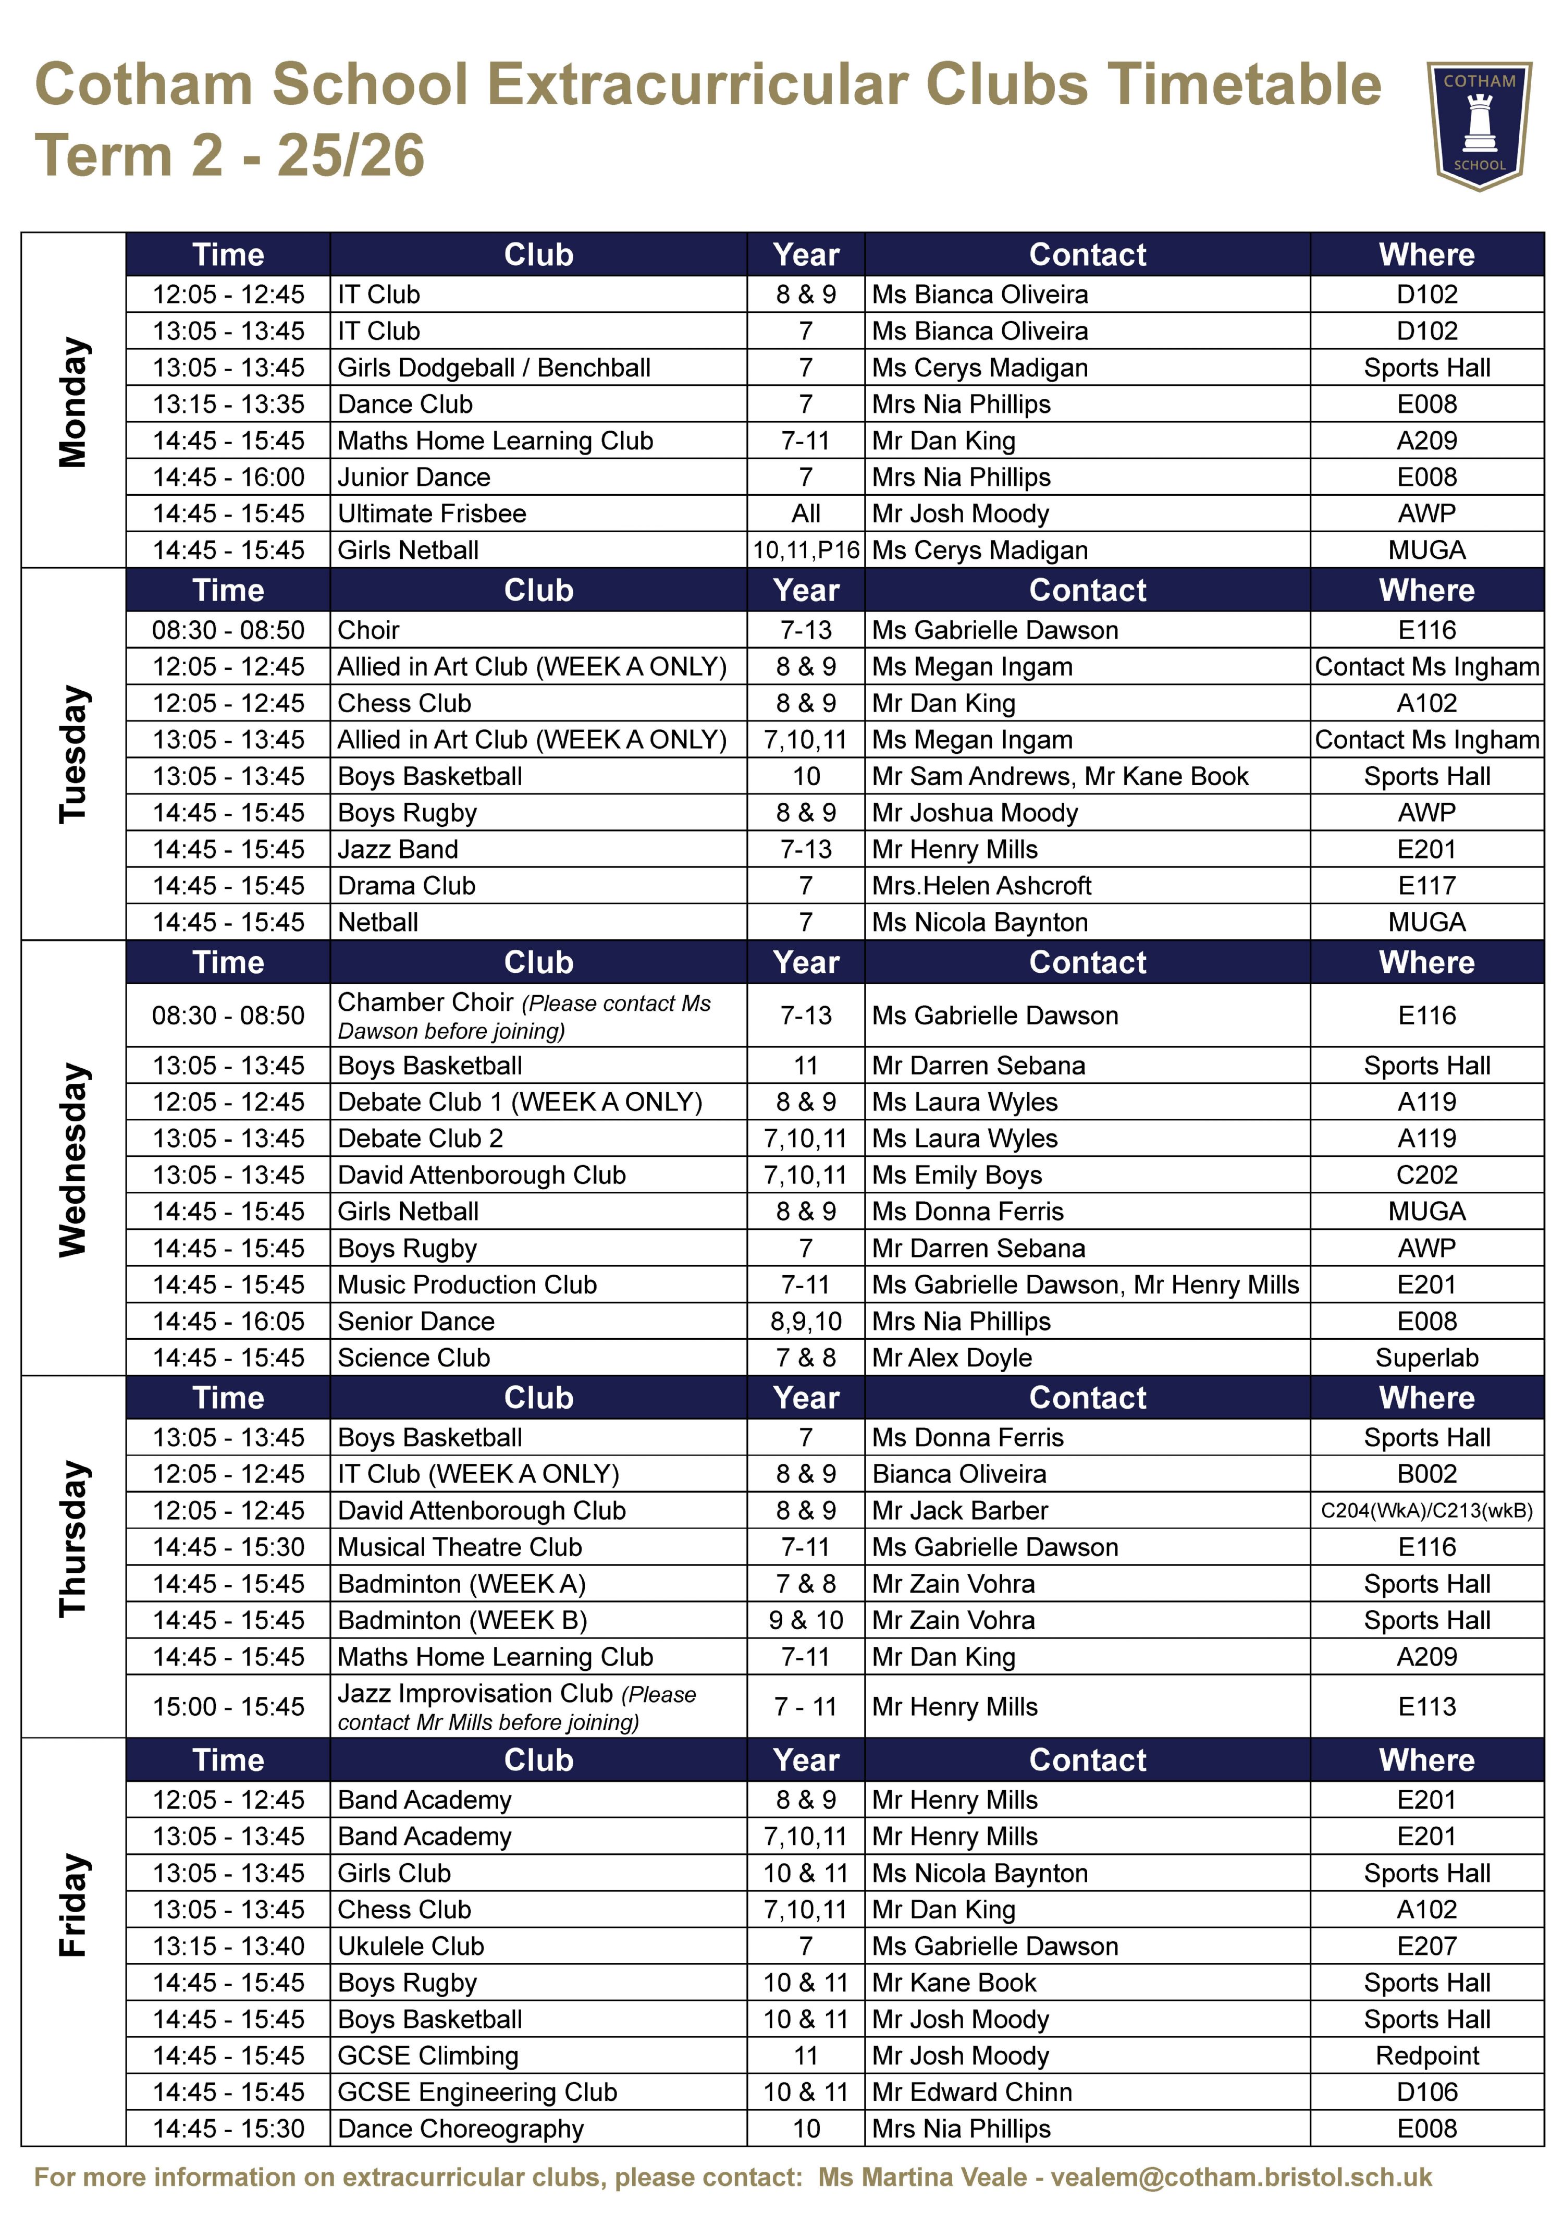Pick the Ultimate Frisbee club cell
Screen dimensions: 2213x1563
pyautogui.click(x=432, y=513)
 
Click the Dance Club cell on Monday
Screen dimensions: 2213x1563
pyautogui.click(x=405, y=404)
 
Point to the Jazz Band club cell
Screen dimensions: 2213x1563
pyautogui.click(x=398, y=849)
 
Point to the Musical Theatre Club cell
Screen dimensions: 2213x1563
pyautogui.click(x=460, y=1547)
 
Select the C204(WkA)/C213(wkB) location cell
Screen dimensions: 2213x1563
pyautogui.click(x=1426, y=1510)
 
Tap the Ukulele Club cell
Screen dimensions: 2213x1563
pyautogui.click(x=411, y=1946)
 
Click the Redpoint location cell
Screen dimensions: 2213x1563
pyautogui.click(x=1426, y=2056)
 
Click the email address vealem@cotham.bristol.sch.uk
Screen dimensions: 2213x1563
pyautogui.click(x=1240, y=2178)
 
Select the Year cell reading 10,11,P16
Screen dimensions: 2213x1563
pyautogui.click(x=806, y=551)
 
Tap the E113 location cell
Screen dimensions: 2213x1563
pyautogui.click(x=1426, y=1707)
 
